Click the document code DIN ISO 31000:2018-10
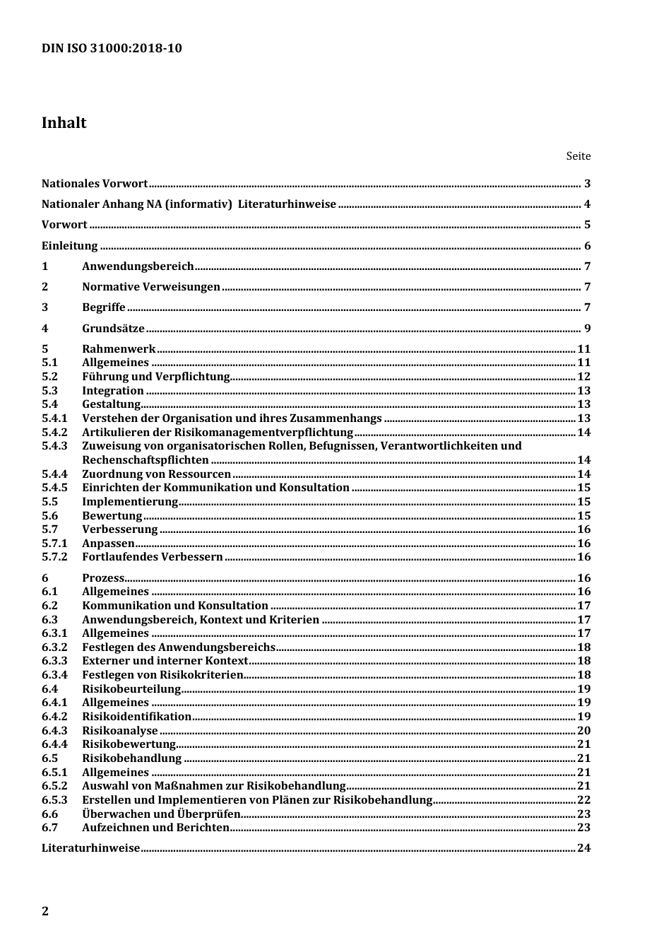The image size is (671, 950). [112, 48]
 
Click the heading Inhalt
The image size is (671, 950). [64, 123]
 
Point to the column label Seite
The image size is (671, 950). [578, 156]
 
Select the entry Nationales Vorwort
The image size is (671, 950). [95, 184]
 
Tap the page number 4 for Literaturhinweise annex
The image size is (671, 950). [586, 205]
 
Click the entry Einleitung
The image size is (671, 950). [69, 246]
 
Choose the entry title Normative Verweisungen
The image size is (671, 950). [151, 287]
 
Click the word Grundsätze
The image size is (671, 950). [113, 329]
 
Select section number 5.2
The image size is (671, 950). [49, 377]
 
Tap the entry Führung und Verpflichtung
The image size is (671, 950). [156, 377]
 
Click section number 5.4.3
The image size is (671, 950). [54, 446]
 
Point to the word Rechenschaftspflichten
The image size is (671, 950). [145, 460]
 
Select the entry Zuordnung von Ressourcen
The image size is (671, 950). [156, 474]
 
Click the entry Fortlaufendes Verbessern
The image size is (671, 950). [153, 557]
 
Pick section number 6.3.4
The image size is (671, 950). [54, 675]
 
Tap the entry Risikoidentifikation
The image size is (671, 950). [136, 717]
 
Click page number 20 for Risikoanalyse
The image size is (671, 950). [583, 731]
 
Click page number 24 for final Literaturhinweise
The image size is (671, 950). [583, 848]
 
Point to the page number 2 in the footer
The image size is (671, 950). [45, 911]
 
